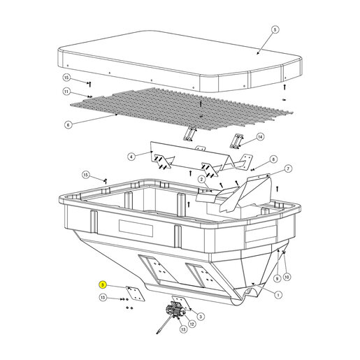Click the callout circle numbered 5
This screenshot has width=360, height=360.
coord(275,29)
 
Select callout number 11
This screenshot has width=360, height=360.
coord(66,92)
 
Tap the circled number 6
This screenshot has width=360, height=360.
coord(68,125)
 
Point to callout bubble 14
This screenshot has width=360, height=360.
coord(260,137)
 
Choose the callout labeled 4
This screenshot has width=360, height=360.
coord(131,157)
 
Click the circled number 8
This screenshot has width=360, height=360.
coord(273,159)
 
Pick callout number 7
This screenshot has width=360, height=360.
coord(288,168)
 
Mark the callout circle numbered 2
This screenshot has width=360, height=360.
coord(202,179)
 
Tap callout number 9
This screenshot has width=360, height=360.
coord(277,278)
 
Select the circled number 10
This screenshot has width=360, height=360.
coord(287,277)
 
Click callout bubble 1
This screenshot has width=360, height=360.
coord(278,295)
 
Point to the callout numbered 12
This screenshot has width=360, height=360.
coord(192,324)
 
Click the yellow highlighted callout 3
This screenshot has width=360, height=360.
coord(103,285)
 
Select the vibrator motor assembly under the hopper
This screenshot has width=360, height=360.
coord(175,311)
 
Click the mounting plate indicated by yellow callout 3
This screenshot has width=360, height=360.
coord(136,294)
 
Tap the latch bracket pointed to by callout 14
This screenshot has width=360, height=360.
coord(236,141)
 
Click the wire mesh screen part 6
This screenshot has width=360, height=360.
coord(182,109)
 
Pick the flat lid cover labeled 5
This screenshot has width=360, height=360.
coord(180,61)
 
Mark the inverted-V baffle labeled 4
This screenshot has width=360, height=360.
coord(201,160)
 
